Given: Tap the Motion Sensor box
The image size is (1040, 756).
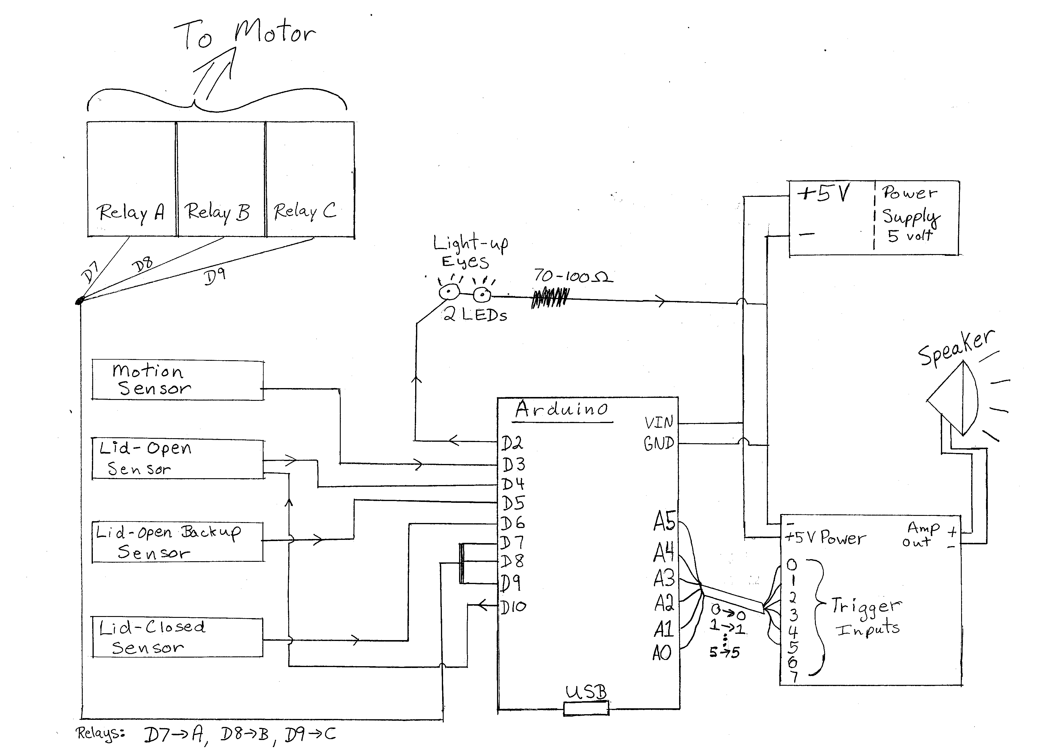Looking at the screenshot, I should coord(177,381).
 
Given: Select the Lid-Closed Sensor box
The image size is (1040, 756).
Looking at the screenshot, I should coord(177,637).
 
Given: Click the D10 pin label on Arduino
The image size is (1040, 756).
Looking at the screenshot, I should coord(513,607).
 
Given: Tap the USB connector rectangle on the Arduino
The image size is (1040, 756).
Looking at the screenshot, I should coord(586,708).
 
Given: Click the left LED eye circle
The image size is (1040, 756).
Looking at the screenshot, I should coord(449,292).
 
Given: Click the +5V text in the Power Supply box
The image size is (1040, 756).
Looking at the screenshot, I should coord(824,194).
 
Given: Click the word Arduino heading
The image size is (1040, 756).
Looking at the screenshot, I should coord(562,409).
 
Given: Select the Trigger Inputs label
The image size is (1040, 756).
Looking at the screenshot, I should coord(866,617).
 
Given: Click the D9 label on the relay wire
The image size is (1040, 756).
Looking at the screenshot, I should coord(214,276).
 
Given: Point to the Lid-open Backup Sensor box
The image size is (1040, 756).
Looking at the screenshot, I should coord(177,542).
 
